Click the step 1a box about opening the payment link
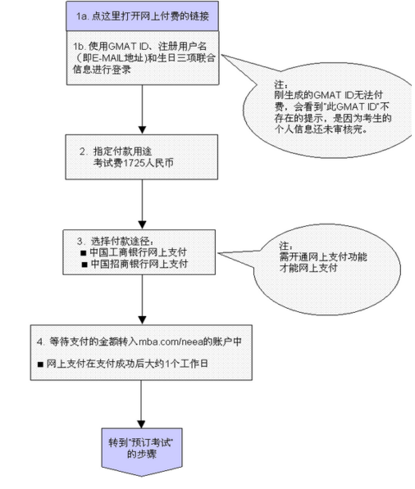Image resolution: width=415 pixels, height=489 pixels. (x=143, y=16)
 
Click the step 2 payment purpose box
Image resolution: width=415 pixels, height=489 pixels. (x=143, y=158)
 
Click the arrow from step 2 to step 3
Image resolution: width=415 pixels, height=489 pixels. (x=143, y=209)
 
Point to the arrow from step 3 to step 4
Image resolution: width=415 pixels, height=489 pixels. (x=143, y=303)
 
